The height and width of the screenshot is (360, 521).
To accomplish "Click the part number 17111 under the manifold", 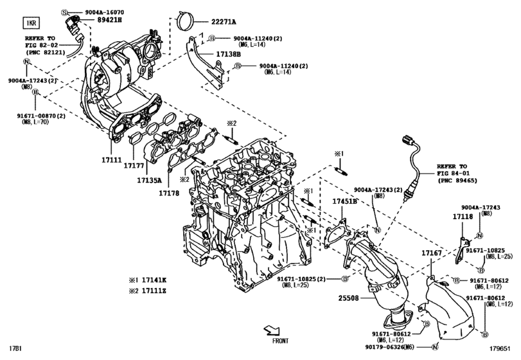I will (x=111, y=158).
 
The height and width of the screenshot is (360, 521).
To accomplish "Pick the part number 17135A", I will (x=149, y=181).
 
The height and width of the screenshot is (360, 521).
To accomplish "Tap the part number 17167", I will (x=431, y=255).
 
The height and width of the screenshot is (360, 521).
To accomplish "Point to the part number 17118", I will (x=463, y=218).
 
